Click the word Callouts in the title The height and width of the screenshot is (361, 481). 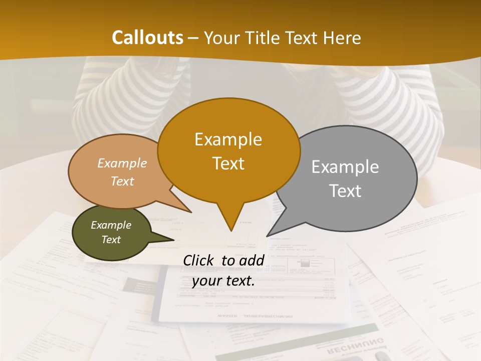[147, 38]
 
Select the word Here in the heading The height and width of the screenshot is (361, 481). [342, 38]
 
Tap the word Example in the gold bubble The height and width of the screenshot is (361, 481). [228, 139]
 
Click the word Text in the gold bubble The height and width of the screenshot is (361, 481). [228, 163]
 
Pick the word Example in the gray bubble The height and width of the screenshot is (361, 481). [345, 167]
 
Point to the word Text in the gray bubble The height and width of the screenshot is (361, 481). [345, 191]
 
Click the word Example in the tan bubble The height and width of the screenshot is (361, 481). [122, 163]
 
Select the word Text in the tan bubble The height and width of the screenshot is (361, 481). [122, 181]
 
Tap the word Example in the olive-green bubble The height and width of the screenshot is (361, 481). [111, 225]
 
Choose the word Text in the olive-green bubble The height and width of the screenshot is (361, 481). [111, 240]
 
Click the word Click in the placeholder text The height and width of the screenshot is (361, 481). [199, 260]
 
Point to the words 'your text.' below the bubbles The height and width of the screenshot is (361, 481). [223, 281]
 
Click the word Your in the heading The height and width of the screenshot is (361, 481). [222, 38]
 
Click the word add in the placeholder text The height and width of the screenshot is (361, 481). [252, 260]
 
